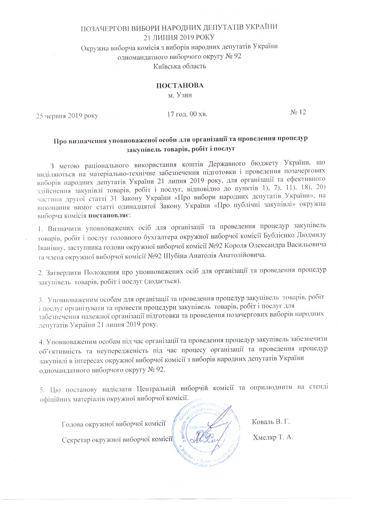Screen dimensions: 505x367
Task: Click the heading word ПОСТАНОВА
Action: (x=179, y=85)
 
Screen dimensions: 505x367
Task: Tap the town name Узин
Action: (x=184, y=95)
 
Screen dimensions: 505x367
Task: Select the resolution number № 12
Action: (x=298, y=112)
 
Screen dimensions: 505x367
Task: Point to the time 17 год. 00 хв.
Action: (x=187, y=114)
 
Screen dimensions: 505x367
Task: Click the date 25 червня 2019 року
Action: (x=67, y=116)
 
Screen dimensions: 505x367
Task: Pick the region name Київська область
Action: (x=179, y=66)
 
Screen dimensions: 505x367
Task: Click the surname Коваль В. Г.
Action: (x=270, y=422)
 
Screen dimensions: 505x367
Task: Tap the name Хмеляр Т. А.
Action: (x=273, y=437)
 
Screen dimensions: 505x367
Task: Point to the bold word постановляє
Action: (x=109, y=215)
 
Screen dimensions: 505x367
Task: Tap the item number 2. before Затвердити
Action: (x=41, y=272)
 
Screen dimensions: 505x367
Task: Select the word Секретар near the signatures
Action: (x=74, y=440)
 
